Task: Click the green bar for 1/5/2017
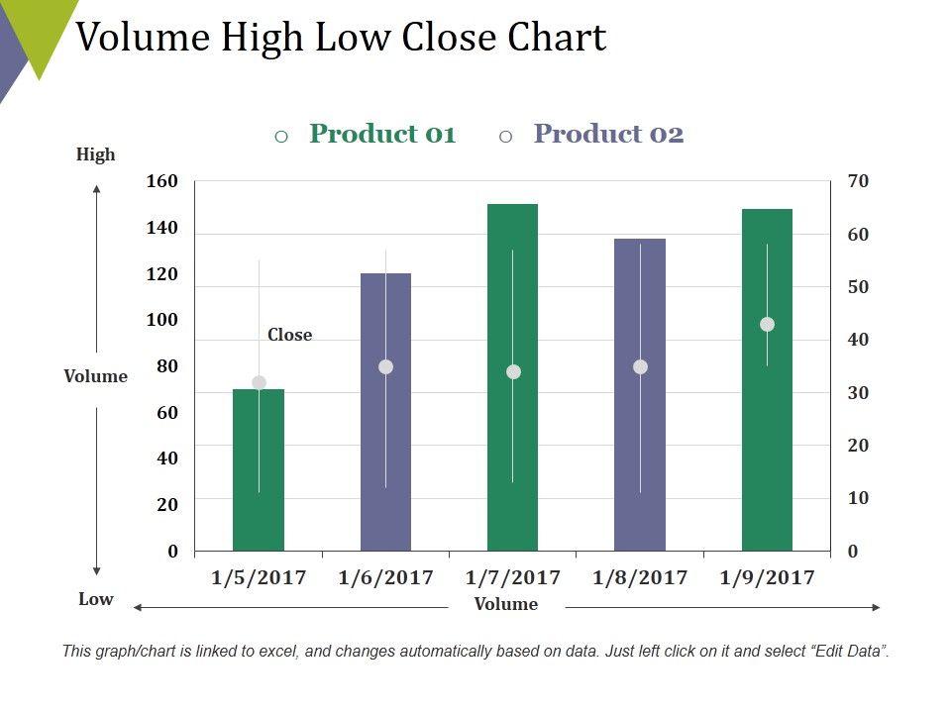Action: [259, 469]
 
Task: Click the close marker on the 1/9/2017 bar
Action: [767, 324]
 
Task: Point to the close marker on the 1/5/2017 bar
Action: [259, 382]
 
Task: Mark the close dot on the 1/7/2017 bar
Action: [513, 371]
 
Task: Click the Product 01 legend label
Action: [382, 134]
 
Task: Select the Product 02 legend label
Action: [608, 134]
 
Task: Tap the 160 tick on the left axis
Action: [161, 181]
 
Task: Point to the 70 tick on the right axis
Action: [858, 181]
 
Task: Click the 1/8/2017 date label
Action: [640, 577]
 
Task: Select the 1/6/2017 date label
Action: [385, 577]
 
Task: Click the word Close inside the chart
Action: [289, 335]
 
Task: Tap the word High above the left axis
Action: [96, 154]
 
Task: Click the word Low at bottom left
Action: [96, 599]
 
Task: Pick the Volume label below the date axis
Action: [506, 604]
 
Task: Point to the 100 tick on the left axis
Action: [161, 320]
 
